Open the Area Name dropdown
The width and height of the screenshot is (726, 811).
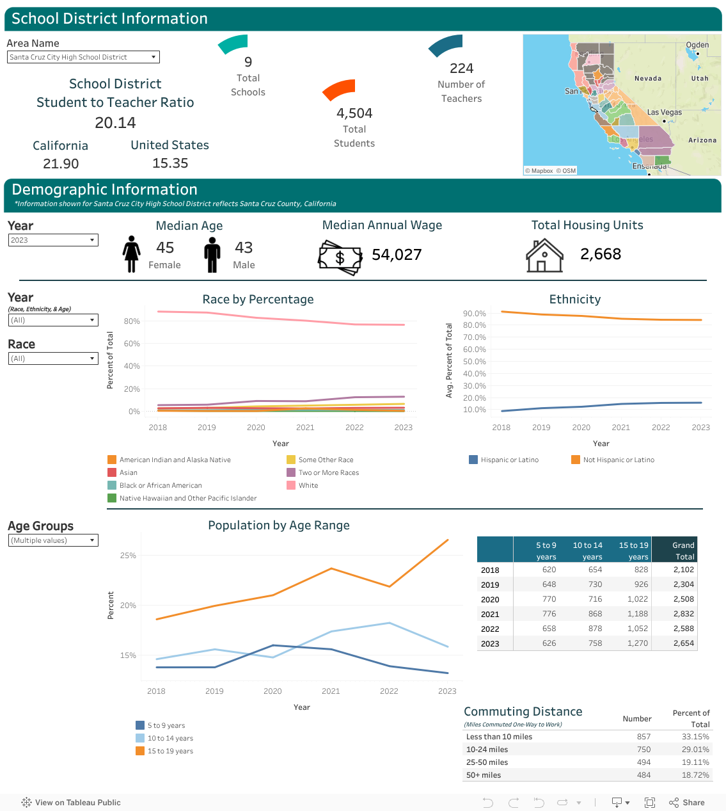click(x=83, y=57)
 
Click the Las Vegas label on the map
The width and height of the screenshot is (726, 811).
click(x=665, y=112)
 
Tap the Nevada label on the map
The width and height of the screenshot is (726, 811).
click(x=647, y=79)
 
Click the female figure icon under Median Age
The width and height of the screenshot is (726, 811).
click(x=131, y=254)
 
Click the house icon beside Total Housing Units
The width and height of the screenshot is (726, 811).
click(x=544, y=255)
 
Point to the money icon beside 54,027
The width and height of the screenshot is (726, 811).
click(x=340, y=257)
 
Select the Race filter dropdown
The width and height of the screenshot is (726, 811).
click(x=53, y=358)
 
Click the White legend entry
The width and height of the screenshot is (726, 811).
click(x=303, y=485)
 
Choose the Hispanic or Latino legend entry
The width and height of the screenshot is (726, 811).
click(x=503, y=460)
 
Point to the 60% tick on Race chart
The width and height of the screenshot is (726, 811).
click(x=132, y=344)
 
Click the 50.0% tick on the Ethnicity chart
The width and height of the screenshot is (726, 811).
click(x=475, y=362)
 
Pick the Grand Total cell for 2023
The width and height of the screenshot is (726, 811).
click(x=684, y=643)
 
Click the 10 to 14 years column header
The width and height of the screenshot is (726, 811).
click(x=588, y=551)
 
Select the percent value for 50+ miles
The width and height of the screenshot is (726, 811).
click(x=695, y=775)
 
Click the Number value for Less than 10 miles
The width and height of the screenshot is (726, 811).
click(x=643, y=737)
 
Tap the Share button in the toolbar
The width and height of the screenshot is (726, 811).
click(x=686, y=802)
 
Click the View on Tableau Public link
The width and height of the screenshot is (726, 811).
click(x=71, y=802)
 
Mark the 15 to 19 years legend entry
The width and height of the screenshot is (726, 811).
click(x=164, y=751)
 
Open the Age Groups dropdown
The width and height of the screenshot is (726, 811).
click(x=53, y=540)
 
